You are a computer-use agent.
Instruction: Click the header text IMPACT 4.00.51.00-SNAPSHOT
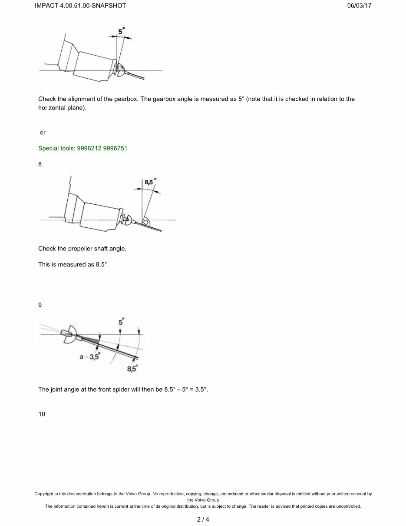tap(80, 6)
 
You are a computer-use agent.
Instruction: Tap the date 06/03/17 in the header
tap(360, 6)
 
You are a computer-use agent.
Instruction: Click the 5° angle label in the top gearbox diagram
tap(121, 31)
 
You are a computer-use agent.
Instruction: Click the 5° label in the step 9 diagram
tap(121, 323)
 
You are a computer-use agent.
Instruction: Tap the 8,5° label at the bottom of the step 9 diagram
tap(132, 369)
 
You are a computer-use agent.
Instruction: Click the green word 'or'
tap(43, 133)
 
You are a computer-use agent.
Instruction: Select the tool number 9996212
tap(89, 148)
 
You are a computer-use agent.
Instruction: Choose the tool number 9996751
tap(115, 148)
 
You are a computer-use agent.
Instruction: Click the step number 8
tap(40, 164)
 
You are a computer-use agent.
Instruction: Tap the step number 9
tap(40, 305)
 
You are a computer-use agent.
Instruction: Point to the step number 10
tap(42, 414)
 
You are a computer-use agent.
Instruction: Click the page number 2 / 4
tap(203, 519)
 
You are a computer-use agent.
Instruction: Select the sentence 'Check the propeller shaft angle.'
tap(82, 249)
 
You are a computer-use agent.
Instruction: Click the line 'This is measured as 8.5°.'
tap(73, 264)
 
